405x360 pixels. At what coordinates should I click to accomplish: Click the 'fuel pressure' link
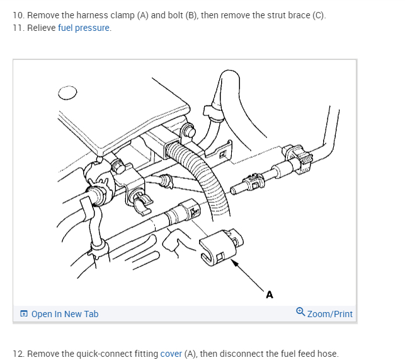click(84, 28)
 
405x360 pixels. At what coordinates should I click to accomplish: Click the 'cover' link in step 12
click(171, 354)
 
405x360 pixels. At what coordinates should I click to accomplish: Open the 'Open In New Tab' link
click(64, 314)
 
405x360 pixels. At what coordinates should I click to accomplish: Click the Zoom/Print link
click(330, 314)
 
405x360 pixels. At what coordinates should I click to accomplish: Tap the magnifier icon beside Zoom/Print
click(300, 313)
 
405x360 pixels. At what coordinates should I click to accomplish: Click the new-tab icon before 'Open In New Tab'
click(24, 314)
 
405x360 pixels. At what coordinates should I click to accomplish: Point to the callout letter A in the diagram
click(270, 294)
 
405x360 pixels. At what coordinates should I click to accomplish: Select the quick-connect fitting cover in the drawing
click(218, 249)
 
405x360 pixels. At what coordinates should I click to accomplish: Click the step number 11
click(18, 28)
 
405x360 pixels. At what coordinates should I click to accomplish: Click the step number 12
click(18, 354)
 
